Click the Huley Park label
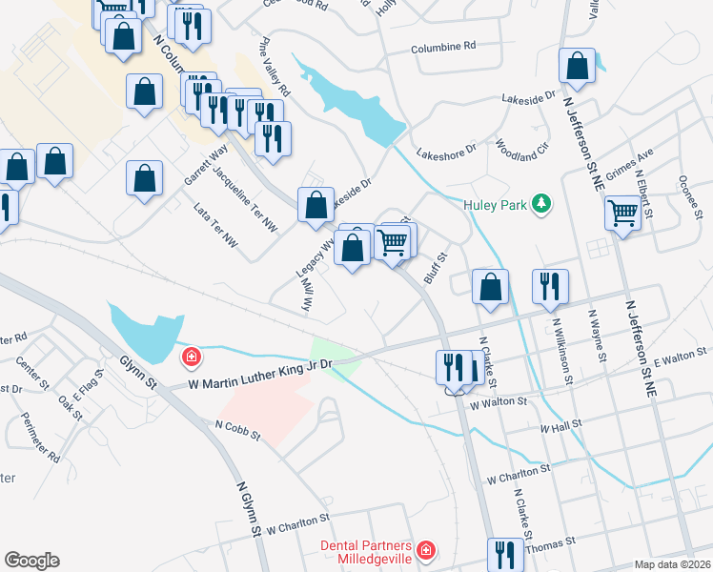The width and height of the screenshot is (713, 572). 496,204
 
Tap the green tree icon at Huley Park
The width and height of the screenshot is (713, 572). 542,203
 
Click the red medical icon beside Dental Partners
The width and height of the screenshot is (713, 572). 426,550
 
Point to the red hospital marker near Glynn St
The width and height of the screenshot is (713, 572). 191,357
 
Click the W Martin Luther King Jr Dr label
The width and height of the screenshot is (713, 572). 259,371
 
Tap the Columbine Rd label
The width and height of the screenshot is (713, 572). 443,47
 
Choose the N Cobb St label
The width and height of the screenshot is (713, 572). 237,431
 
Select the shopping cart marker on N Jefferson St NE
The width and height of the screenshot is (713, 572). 623,213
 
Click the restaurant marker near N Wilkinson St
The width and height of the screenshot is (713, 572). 550,286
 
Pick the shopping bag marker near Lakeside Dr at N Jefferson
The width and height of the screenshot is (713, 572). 577,67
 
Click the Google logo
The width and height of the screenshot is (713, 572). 31,561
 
